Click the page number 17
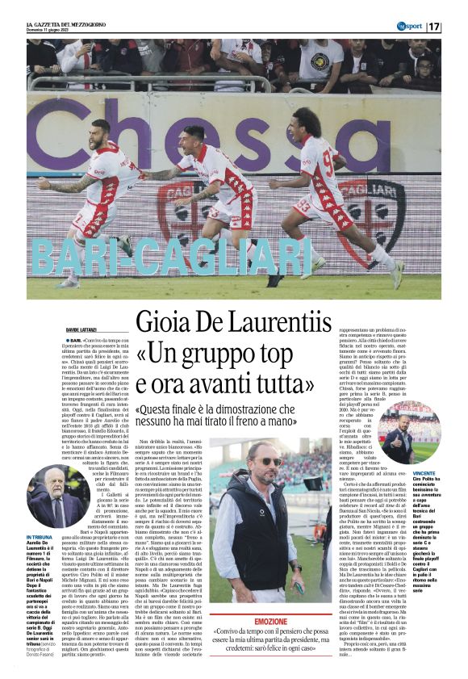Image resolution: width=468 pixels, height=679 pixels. pyautogui.click(x=434, y=27)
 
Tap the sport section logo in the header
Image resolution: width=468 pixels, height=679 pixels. pyautogui.click(x=408, y=27)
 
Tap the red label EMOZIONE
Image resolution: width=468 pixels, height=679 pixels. pyautogui.click(x=271, y=622)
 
